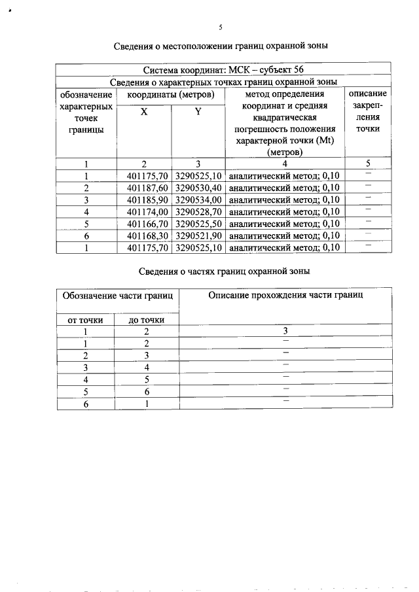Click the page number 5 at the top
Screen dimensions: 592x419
[221, 27]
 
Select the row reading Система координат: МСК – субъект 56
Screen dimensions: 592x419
[224, 70]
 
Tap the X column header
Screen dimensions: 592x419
[144, 112]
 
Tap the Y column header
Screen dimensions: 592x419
[198, 112]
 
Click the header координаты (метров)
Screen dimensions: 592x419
[171, 94]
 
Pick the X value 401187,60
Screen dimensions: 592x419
[145, 187]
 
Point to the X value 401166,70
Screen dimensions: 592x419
[145, 223]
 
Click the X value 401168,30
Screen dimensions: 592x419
[145, 235]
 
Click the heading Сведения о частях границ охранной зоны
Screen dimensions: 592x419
[224, 271]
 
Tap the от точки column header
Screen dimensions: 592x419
[85, 320]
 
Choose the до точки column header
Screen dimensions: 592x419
[147, 320]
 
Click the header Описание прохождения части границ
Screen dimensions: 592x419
[285, 296]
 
